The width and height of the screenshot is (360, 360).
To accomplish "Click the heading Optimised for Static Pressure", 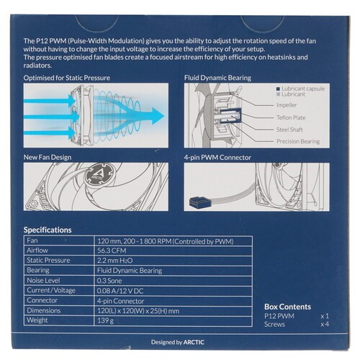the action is click(x=67, y=78).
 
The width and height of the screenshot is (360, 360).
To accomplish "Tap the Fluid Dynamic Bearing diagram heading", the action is click(x=217, y=78).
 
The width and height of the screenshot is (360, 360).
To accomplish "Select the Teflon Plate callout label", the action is click(x=291, y=117).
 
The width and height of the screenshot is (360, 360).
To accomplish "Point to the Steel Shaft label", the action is click(x=289, y=130).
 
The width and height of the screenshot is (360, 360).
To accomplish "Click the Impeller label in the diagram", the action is click(x=287, y=105).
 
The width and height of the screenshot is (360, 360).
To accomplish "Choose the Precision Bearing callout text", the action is click(x=298, y=141).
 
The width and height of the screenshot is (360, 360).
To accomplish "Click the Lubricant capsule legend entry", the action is click(x=301, y=89).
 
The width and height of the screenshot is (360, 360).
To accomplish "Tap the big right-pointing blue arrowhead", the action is click(x=157, y=116).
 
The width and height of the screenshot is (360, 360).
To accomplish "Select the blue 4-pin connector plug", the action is click(x=197, y=202).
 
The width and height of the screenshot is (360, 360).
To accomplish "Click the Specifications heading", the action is click(x=48, y=230).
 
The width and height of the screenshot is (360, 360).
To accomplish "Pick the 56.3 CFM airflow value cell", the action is click(x=112, y=251).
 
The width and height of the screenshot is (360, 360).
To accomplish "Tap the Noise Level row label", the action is click(x=43, y=280).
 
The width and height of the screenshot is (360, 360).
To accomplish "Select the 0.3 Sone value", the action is click(x=109, y=281).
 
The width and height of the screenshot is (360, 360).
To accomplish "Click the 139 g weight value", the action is click(x=105, y=320).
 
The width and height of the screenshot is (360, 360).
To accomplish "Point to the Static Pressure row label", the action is click(x=48, y=260).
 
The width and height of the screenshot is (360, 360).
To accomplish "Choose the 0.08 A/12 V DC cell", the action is click(x=120, y=291).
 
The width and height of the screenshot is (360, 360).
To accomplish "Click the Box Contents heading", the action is click(x=287, y=307).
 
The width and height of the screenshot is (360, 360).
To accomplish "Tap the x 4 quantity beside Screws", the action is click(x=325, y=324).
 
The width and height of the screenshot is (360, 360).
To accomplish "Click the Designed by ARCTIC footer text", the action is click(x=178, y=342).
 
